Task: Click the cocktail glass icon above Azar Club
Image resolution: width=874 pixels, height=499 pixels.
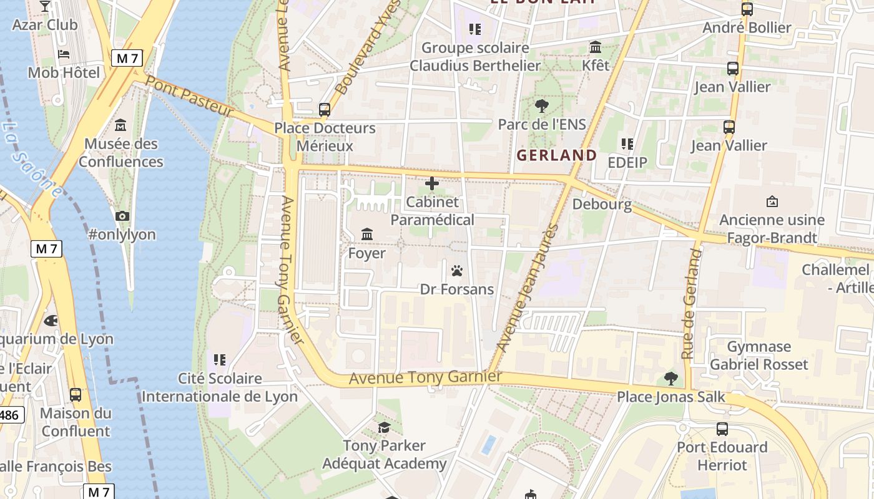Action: coord(44,6)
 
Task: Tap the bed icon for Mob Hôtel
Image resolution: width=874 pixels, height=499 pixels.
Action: coord(64,54)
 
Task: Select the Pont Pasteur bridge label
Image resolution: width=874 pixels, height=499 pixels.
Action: coord(189,97)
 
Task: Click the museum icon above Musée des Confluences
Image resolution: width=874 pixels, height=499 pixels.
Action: coord(120,125)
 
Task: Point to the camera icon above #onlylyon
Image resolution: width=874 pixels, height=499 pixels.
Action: coord(122,216)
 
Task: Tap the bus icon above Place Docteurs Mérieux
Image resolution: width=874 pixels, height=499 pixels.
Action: coord(324,109)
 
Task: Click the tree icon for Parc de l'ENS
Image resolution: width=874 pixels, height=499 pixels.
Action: coord(541,105)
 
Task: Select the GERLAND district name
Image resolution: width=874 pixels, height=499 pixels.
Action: coord(557,155)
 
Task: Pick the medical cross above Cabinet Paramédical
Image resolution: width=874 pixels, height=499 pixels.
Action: coord(431,183)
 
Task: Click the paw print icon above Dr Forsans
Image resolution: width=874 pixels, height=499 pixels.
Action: coord(457,271)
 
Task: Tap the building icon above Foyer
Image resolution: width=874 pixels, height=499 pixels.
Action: coord(367,235)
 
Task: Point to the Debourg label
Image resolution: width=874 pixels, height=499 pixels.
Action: coord(602,204)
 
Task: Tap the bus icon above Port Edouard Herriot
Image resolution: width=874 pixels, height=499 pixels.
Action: coord(722,429)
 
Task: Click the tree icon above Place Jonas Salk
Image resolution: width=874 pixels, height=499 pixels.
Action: coord(671,378)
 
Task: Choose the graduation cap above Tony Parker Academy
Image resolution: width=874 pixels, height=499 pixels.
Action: coord(384,427)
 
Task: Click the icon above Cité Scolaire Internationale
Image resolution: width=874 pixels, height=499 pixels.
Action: coord(219,359)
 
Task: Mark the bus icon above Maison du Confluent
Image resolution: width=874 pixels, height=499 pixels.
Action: coord(76,394)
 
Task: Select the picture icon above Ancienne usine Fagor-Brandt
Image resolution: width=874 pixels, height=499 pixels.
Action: coord(772,201)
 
